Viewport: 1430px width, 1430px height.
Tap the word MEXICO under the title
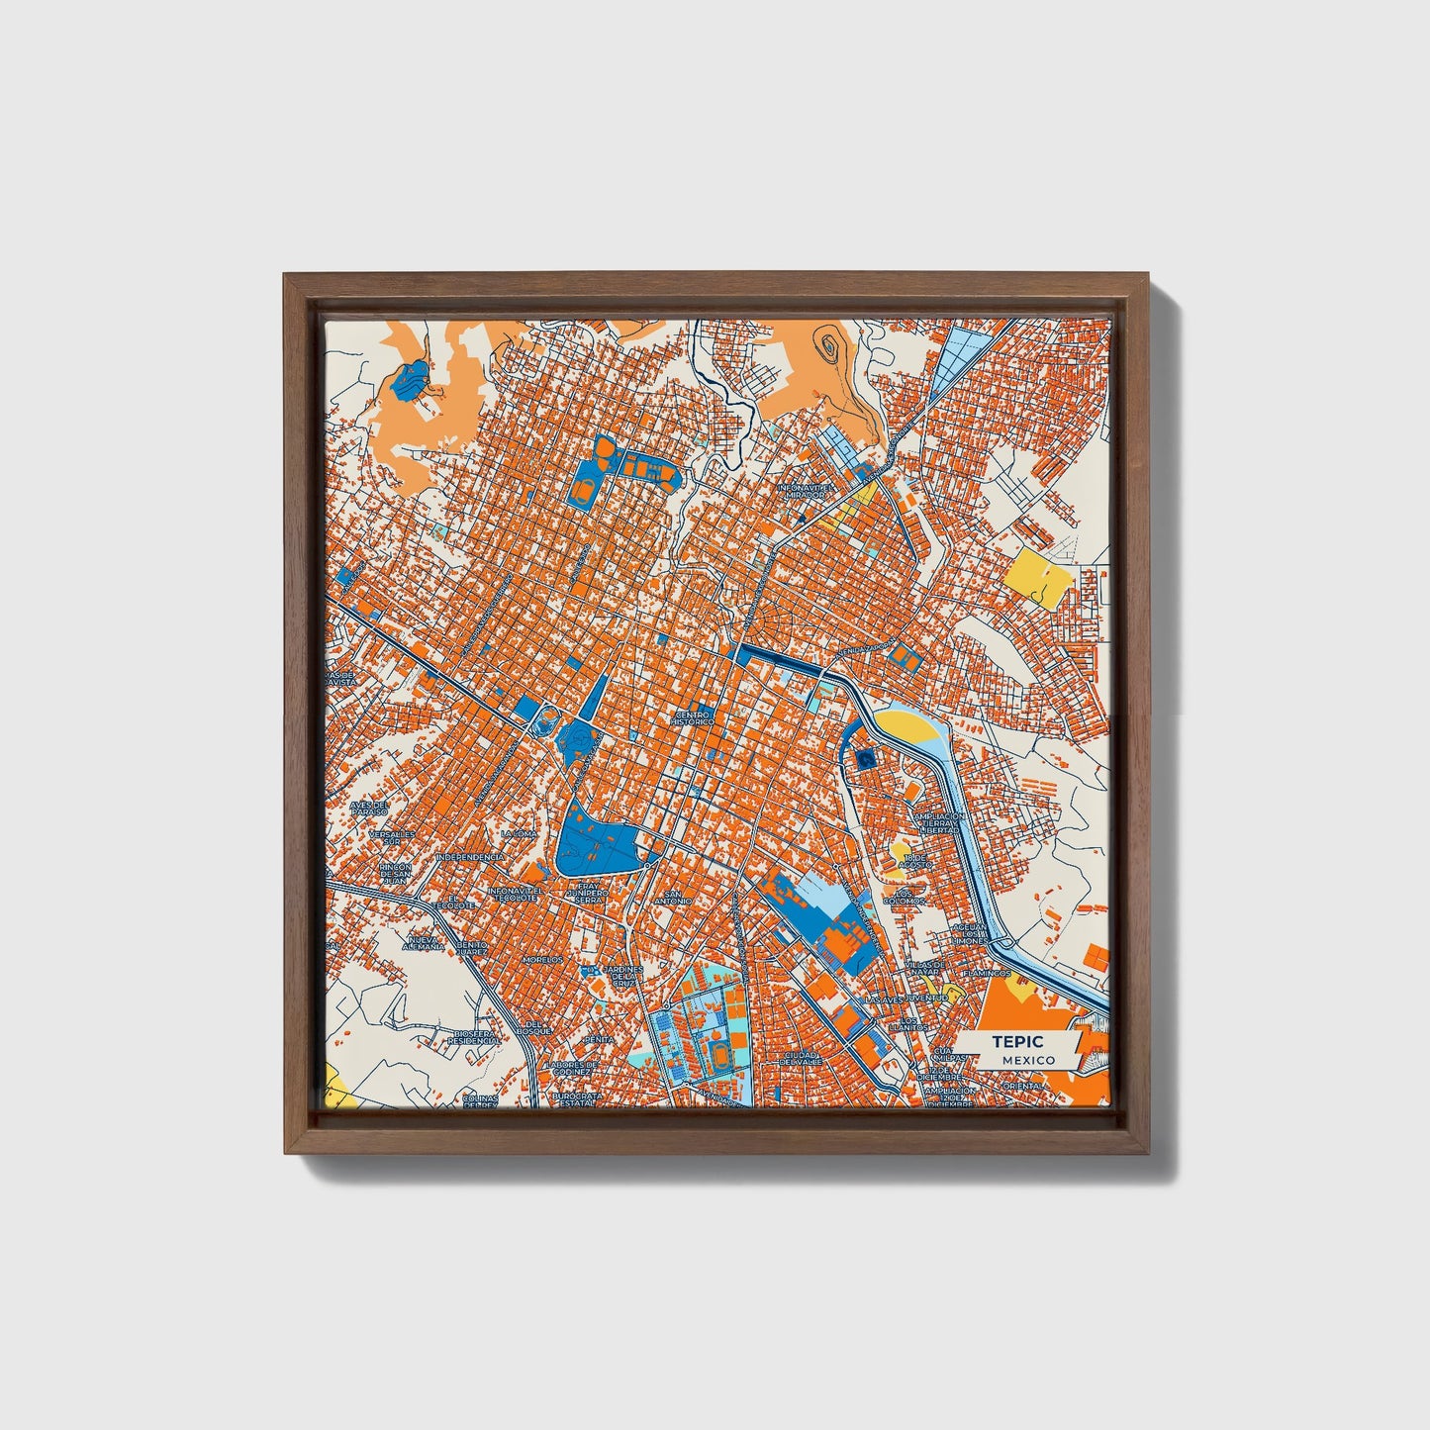(1027, 1060)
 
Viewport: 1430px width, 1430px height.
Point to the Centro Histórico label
(692, 717)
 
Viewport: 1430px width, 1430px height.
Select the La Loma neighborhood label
(519, 834)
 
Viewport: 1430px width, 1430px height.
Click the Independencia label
(470, 857)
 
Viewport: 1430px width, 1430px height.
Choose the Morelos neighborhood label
(542, 959)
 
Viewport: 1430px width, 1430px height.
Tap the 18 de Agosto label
(917, 861)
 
